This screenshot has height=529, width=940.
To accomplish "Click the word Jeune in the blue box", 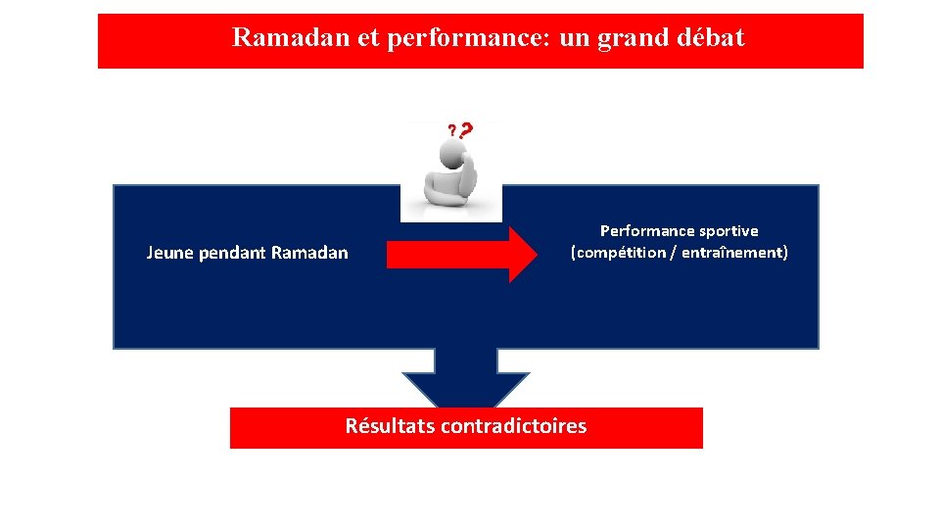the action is [169, 253].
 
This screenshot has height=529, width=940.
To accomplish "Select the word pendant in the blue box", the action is [232, 253].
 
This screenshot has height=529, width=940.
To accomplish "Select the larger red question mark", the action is [465, 129].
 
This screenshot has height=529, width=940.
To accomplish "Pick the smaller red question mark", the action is [451, 130].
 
